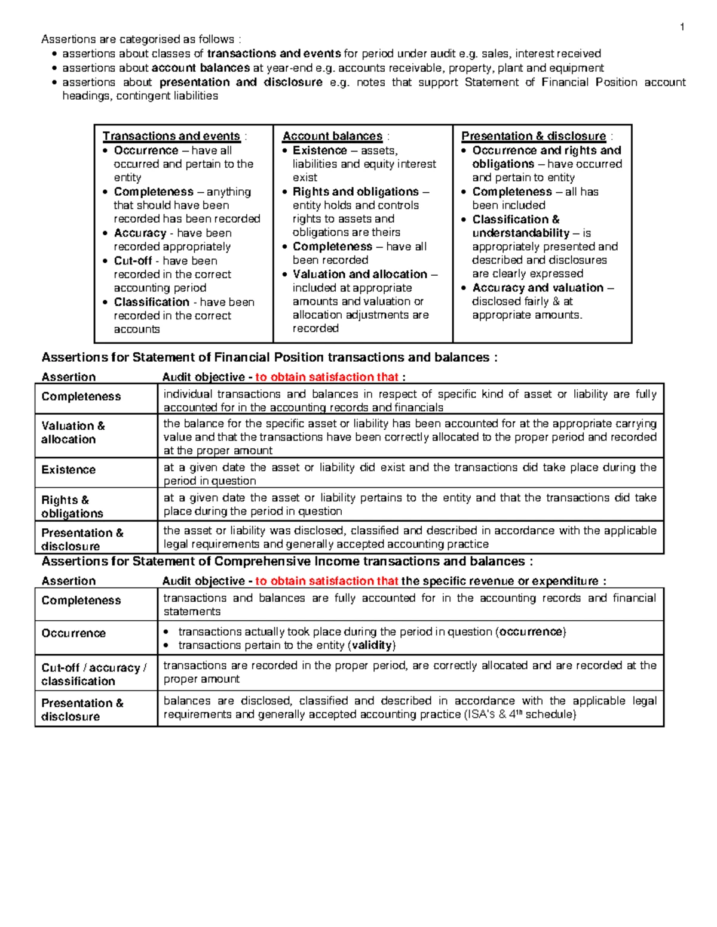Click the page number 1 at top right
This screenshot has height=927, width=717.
(x=682, y=27)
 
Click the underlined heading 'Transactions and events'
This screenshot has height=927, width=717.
(x=171, y=136)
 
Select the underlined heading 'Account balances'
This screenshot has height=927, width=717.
(x=332, y=136)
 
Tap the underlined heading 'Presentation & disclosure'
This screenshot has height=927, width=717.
(x=534, y=136)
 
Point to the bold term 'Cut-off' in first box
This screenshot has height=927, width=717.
(x=133, y=261)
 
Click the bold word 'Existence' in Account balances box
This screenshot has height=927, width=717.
(x=320, y=150)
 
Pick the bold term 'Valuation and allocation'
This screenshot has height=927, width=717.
(x=360, y=275)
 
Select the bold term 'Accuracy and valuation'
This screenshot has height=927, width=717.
(x=538, y=288)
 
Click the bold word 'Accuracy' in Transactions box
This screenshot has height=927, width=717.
(x=140, y=233)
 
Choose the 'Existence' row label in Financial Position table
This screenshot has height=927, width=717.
(x=68, y=470)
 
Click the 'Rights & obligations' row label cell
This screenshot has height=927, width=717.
(x=72, y=507)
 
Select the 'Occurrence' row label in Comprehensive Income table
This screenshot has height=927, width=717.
(x=73, y=633)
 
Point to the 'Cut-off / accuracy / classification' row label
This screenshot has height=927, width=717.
(x=94, y=675)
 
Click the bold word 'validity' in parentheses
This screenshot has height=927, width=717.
(x=372, y=645)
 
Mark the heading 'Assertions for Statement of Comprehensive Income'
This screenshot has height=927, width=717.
(x=287, y=562)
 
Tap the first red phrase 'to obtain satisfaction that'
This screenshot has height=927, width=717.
(x=327, y=377)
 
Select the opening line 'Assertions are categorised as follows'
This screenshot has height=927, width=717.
(x=140, y=39)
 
